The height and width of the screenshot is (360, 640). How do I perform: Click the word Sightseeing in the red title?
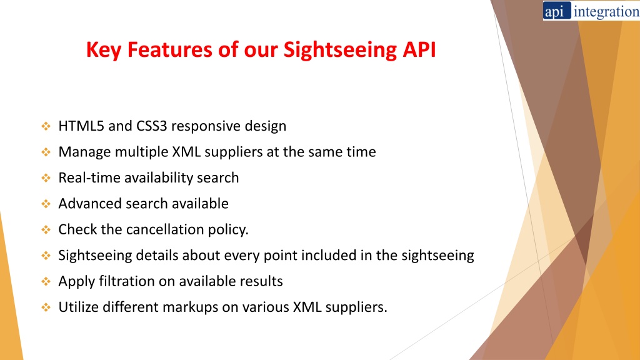point(340,50)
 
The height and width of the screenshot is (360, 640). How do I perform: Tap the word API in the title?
point(419,49)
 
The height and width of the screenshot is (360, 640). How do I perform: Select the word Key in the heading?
point(104,50)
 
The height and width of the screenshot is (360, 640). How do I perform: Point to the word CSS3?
point(151,126)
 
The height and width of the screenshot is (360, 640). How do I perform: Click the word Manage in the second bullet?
point(84,152)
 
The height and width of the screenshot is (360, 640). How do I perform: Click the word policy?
point(228,230)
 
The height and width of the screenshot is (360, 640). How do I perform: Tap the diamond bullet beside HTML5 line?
point(46,126)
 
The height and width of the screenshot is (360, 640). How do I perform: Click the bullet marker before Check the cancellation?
point(46,230)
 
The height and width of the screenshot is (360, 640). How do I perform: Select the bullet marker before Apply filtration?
point(46,281)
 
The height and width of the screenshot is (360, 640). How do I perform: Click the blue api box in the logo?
point(557,11)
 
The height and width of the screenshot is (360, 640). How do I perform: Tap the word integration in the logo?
point(606,12)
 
